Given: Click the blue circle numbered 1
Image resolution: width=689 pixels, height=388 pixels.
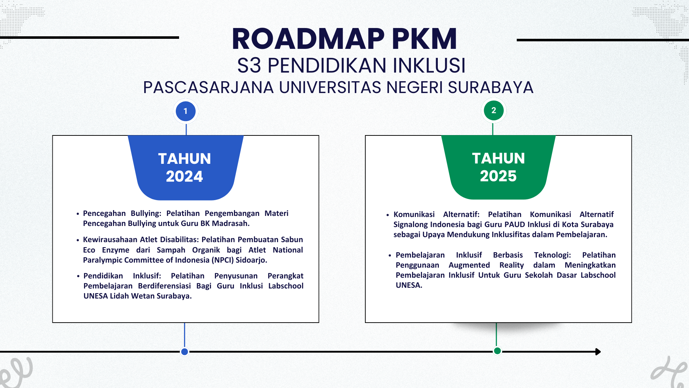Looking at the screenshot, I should click(186, 111).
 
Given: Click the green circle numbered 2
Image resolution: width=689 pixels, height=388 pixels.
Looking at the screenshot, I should click(493, 110).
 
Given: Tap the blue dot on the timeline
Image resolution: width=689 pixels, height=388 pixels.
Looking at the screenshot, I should click(184, 352).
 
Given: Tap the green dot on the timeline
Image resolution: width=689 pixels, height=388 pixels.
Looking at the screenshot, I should click(497, 351).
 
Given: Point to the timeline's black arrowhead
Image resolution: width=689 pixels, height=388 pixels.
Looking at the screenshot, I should click(597, 352).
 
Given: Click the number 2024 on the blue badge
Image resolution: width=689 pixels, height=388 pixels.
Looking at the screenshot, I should click(184, 176).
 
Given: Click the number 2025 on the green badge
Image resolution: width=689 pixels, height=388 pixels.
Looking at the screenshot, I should click(498, 176).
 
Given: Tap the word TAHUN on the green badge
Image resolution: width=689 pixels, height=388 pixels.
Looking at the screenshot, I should click(498, 158).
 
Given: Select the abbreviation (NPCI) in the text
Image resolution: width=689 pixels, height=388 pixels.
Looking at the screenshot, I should click(222, 260).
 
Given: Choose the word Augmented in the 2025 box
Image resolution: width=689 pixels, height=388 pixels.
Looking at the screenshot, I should click(469, 265).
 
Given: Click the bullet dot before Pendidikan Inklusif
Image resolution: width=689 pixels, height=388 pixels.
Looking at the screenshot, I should click(78, 276).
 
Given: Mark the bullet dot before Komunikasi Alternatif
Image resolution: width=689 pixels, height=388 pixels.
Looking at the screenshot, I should click(388, 215).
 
